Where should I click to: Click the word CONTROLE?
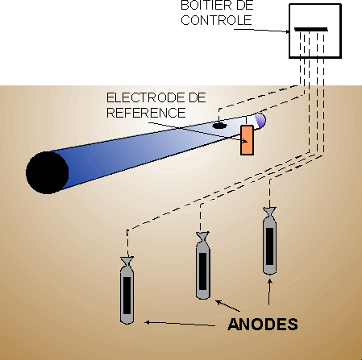216,20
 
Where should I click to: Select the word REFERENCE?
146,113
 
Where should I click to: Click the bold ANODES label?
263,325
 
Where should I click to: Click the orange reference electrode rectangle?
247,140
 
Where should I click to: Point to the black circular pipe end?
48,172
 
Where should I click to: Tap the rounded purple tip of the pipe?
260,121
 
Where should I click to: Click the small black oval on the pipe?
219,126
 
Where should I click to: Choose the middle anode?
203,266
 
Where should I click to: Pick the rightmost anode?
269,241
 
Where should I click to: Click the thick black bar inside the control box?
311,30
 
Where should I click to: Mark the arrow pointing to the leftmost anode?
180,324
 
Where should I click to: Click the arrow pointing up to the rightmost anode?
269,292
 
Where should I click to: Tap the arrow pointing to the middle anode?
228,306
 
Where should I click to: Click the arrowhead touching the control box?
287,31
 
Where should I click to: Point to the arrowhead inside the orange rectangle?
244,141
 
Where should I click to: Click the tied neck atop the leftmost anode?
127,261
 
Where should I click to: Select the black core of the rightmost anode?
269,246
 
